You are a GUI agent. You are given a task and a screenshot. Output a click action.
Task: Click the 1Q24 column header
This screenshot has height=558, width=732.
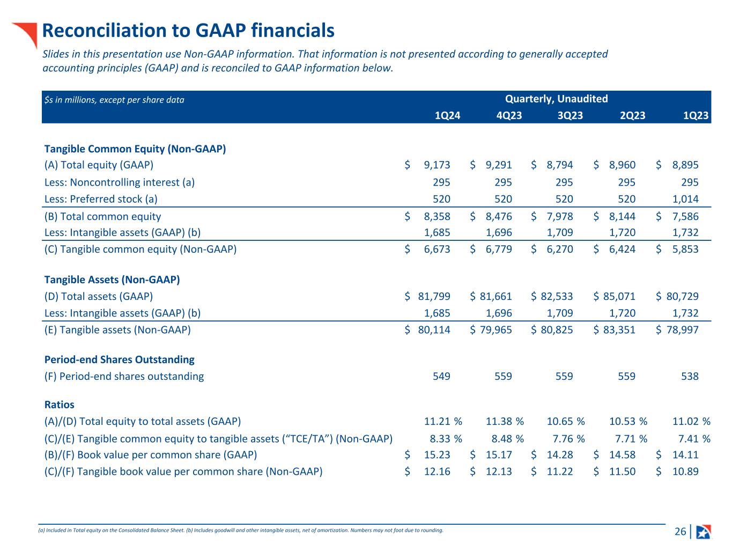point(447,115)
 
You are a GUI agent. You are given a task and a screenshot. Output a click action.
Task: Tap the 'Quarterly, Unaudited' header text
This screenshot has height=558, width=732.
point(556,99)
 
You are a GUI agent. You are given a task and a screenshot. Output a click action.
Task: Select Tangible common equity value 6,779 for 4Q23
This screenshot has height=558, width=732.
point(499,249)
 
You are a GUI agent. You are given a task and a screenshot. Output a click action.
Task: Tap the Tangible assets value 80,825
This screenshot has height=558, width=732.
point(557,329)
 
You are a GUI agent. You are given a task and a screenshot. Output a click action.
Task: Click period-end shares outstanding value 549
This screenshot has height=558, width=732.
point(441,376)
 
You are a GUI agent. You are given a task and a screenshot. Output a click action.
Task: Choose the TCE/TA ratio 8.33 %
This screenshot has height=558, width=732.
point(446,438)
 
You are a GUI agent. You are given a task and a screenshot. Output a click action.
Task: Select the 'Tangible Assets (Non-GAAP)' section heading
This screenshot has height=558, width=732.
point(112,280)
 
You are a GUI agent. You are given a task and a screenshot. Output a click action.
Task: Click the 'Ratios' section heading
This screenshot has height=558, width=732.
point(59,405)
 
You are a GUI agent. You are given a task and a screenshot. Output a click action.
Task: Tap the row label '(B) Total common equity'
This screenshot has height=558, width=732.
point(102,216)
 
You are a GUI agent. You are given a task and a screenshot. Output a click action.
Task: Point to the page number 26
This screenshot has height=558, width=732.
point(679,532)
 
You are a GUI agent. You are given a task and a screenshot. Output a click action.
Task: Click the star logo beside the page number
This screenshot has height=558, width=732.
point(703,532)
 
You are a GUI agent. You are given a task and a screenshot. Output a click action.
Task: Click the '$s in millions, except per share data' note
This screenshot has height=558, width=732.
point(114,100)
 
